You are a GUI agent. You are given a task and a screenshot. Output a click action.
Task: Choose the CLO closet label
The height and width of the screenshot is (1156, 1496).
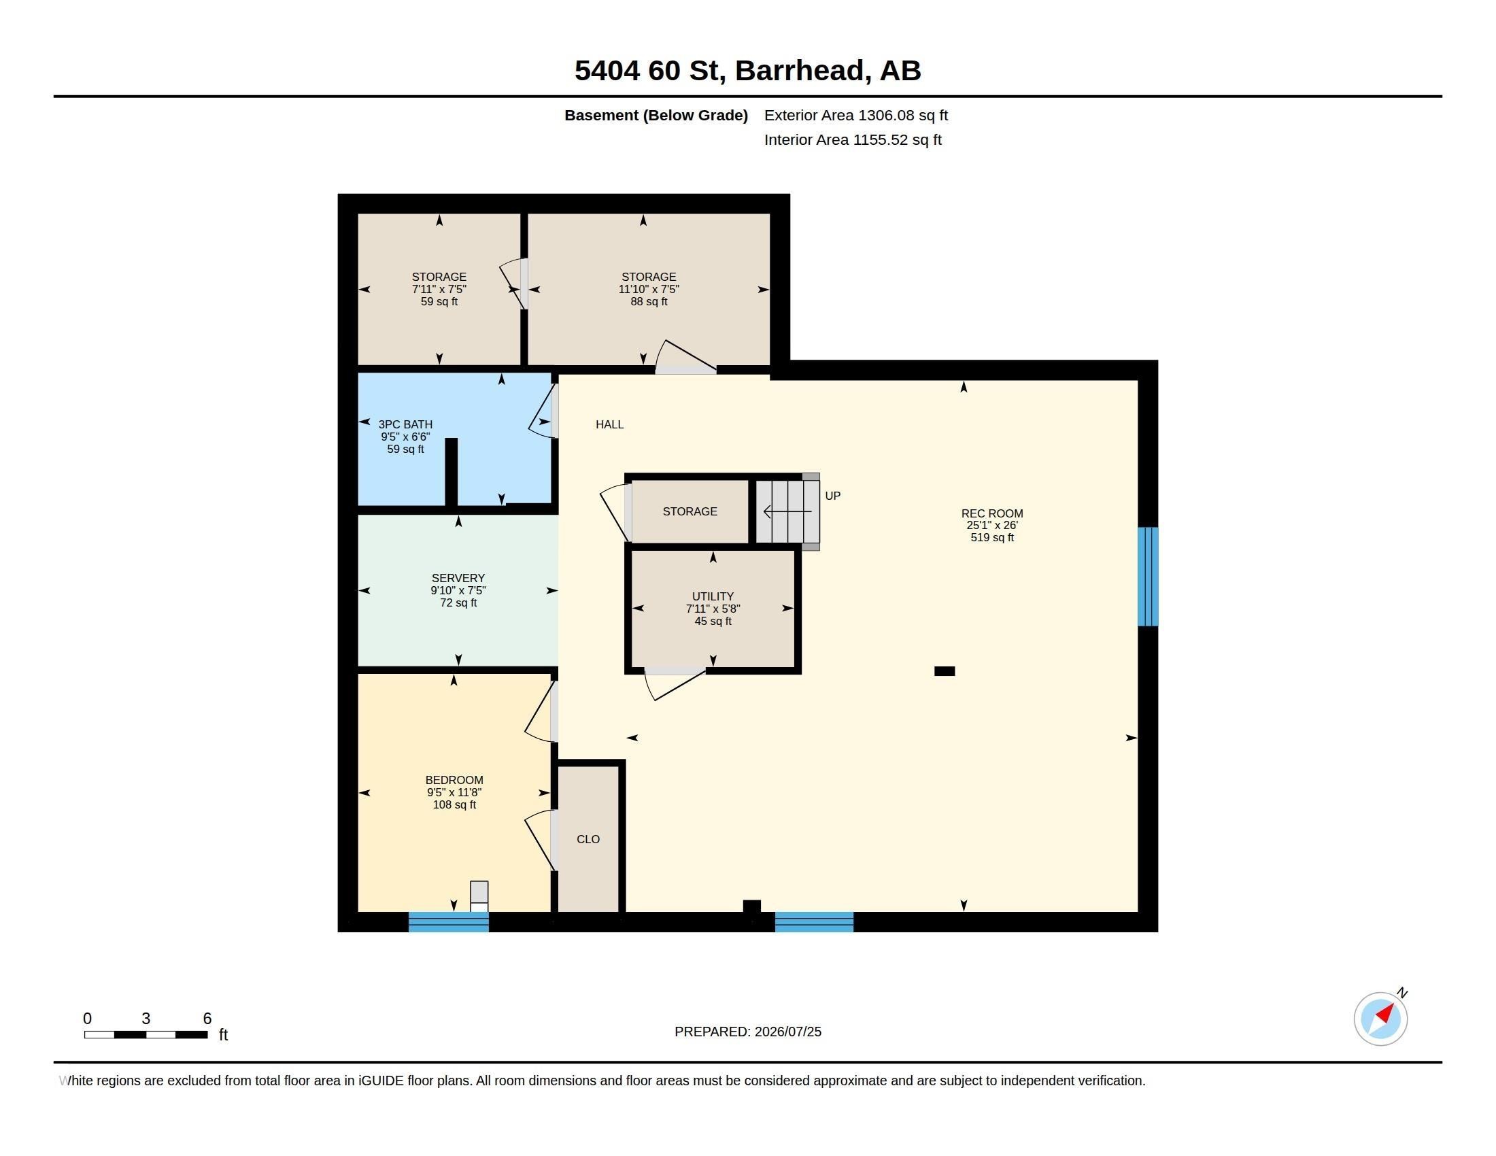[x=588, y=840]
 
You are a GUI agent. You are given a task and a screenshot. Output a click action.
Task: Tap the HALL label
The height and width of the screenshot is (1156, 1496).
[x=610, y=424]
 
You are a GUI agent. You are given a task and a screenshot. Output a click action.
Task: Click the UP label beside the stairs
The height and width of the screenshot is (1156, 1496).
[x=833, y=496]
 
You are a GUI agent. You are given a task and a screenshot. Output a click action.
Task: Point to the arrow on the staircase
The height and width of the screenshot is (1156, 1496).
[x=787, y=511]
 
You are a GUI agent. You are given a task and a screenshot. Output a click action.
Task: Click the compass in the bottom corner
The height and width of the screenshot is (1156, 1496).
[x=1381, y=1019]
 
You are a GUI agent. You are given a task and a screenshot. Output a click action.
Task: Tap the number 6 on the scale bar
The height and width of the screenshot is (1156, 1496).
[x=207, y=1019]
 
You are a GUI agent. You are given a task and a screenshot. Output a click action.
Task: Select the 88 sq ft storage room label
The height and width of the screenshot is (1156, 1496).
[x=649, y=289]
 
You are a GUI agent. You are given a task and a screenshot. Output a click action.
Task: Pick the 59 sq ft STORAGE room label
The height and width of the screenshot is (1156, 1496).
[x=439, y=289]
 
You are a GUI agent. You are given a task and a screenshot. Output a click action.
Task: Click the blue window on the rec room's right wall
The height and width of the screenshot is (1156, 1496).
[x=1148, y=577]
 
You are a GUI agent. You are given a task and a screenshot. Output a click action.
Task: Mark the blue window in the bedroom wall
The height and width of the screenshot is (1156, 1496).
[x=449, y=922]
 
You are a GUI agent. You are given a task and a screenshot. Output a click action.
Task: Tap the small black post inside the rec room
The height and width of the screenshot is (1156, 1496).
[x=945, y=671]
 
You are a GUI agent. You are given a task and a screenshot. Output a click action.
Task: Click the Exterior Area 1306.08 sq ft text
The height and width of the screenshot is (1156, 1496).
[x=856, y=116]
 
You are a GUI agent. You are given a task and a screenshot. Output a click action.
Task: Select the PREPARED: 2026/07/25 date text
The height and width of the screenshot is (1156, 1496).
[x=748, y=1032]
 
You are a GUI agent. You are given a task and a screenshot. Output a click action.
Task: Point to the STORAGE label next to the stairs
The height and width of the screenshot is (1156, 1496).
[x=690, y=511]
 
